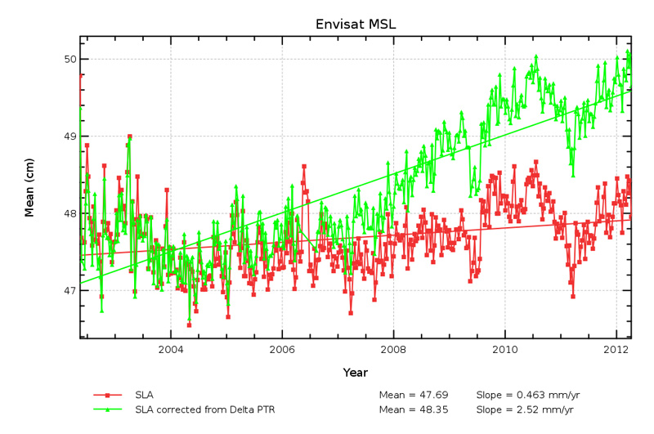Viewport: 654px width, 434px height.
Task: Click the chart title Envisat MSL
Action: pyautogui.click(x=356, y=24)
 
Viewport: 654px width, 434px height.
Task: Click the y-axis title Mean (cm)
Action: pyautogui.click(x=29, y=187)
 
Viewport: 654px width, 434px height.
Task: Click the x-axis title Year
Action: pyautogui.click(x=355, y=373)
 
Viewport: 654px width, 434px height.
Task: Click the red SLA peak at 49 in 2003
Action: pyautogui.click(x=129, y=136)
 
